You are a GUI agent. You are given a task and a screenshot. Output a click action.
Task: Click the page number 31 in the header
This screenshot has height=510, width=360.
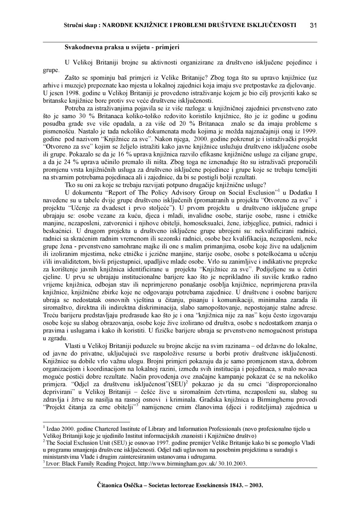click(x=313, y=25)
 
